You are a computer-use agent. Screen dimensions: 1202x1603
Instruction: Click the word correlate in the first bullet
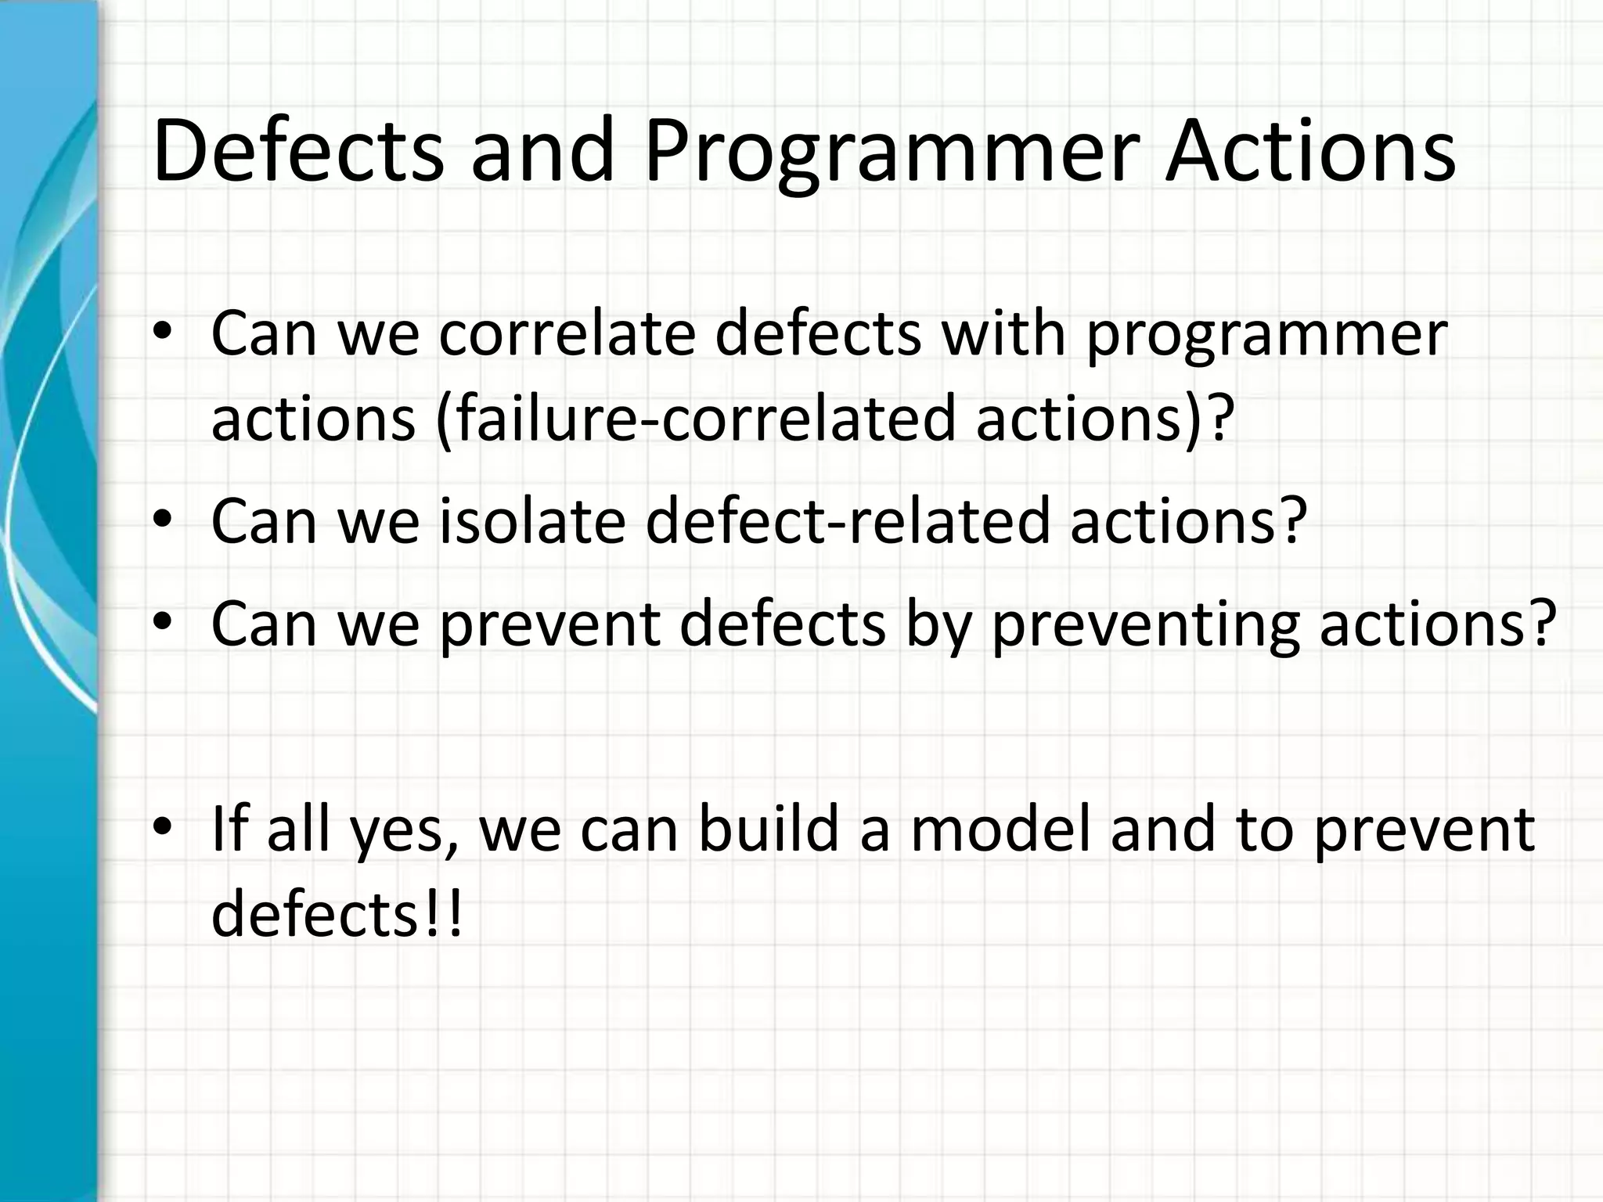(x=567, y=334)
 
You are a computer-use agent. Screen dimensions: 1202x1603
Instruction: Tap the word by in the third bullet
(x=938, y=625)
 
